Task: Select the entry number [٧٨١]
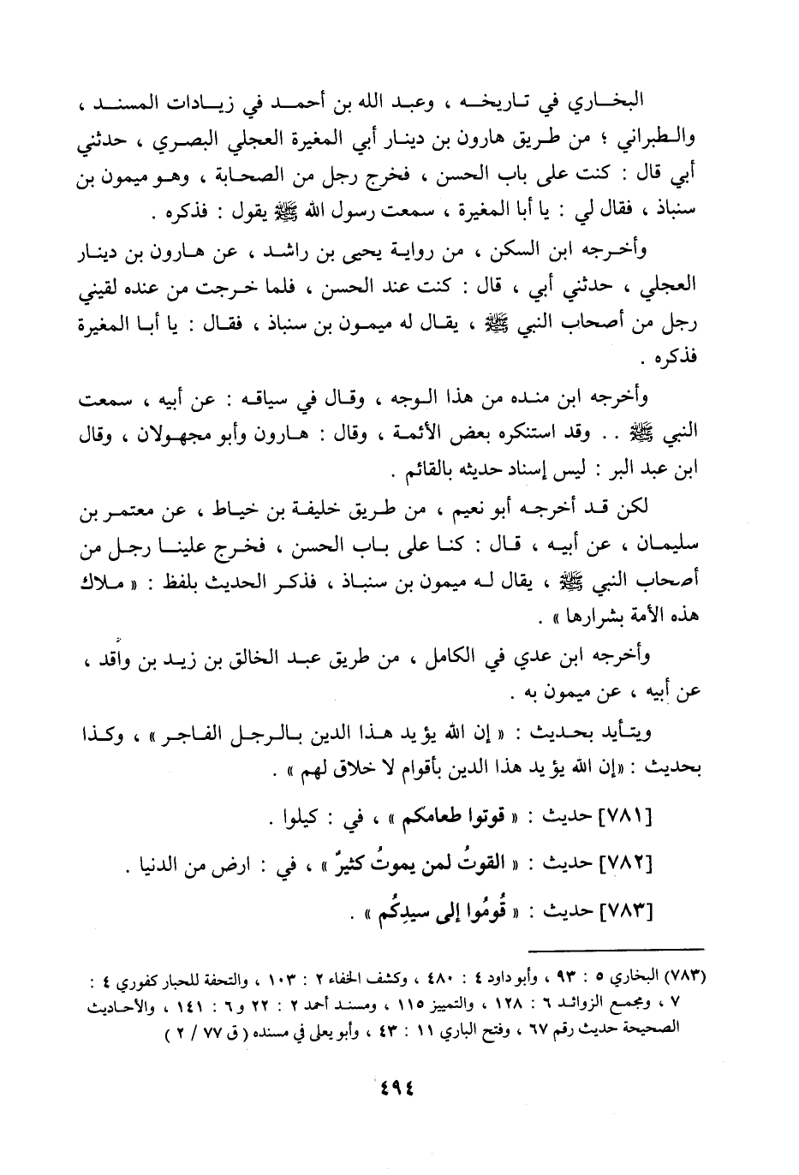[625, 818]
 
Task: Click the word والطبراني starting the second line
[667, 141]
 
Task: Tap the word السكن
[539, 252]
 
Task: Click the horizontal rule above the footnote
[616, 949]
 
